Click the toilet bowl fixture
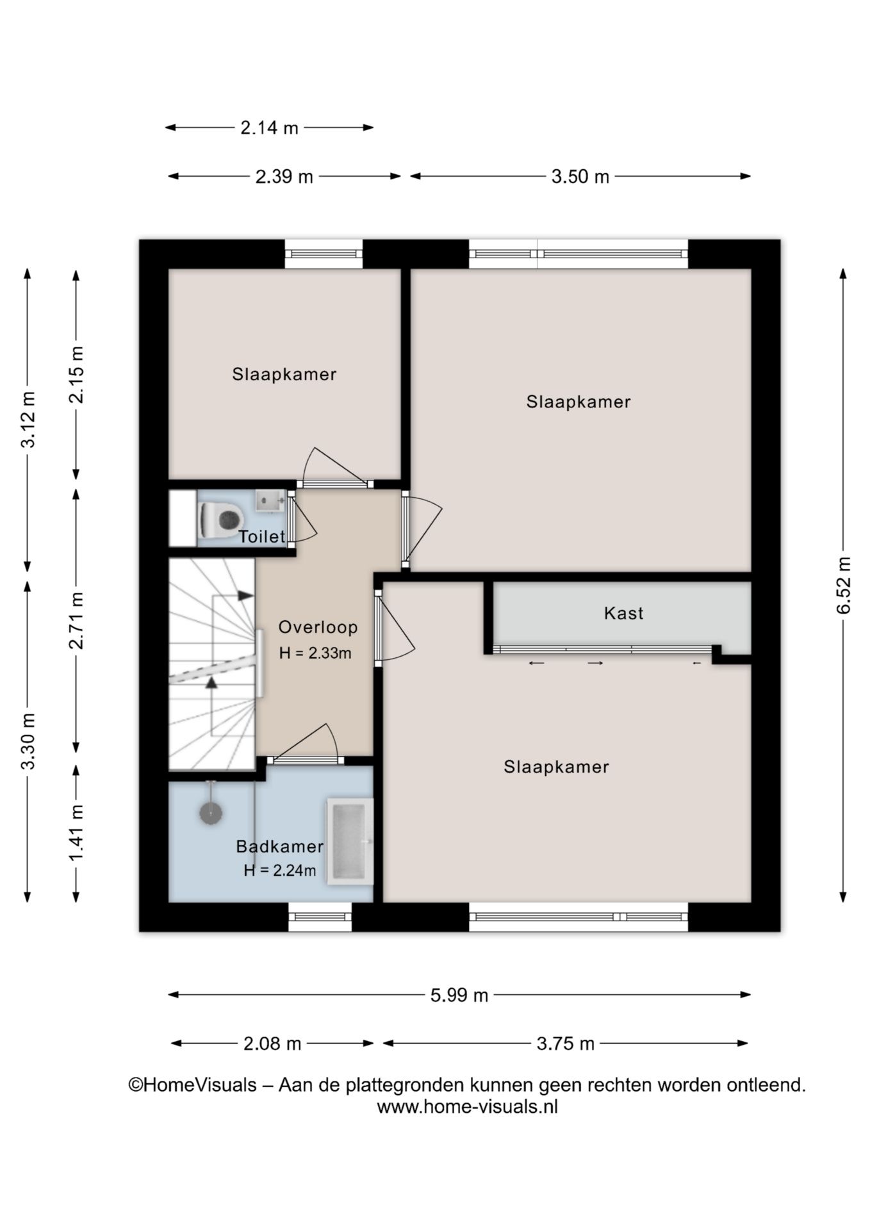pyautogui.click(x=222, y=519)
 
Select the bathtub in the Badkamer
pyautogui.click(x=350, y=842)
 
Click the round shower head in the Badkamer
pyautogui.click(x=211, y=813)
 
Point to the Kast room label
pyautogui.click(x=623, y=613)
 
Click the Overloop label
pyautogui.click(x=318, y=627)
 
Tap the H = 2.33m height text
pyautogui.click(x=315, y=653)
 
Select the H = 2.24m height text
pyautogui.click(x=280, y=871)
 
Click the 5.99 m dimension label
pyautogui.click(x=459, y=996)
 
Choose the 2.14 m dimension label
pyautogui.click(x=269, y=128)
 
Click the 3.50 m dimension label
pyautogui.click(x=580, y=177)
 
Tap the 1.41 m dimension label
pyautogui.click(x=77, y=833)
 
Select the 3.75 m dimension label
pyautogui.click(x=565, y=1044)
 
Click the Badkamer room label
pyautogui.click(x=279, y=846)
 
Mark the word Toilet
pyautogui.click(x=261, y=537)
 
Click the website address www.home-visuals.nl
pyautogui.click(x=467, y=1107)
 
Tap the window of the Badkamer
pyautogui.click(x=320, y=917)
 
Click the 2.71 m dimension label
pyautogui.click(x=77, y=620)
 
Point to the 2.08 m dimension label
pyautogui.click(x=272, y=1044)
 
